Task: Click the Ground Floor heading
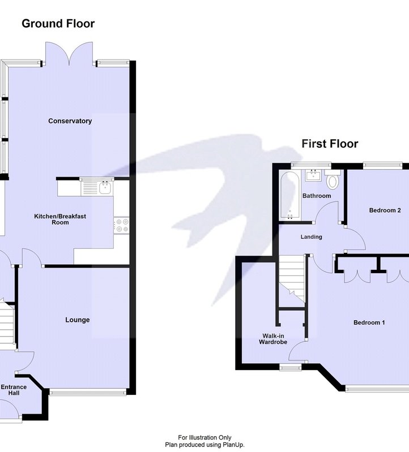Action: (58, 24)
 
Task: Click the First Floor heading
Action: (330, 144)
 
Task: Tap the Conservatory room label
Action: (70, 121)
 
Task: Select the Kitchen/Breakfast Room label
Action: (60, 219)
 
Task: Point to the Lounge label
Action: (78, 320)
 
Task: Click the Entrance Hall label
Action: (14, 390)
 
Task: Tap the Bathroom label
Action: (317, 196)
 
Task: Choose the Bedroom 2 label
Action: (385, 210)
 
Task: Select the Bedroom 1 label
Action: (369, 322)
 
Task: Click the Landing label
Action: (311, 236)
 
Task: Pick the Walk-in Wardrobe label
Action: (273, 339)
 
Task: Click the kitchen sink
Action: (97, 187)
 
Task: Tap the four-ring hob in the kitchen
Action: (122, 225)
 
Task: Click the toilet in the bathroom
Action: (333, 179)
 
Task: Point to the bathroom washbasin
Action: (313, 175)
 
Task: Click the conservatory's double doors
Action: (69, 54)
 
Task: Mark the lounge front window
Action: (88, 392)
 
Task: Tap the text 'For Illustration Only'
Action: (204, 438)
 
